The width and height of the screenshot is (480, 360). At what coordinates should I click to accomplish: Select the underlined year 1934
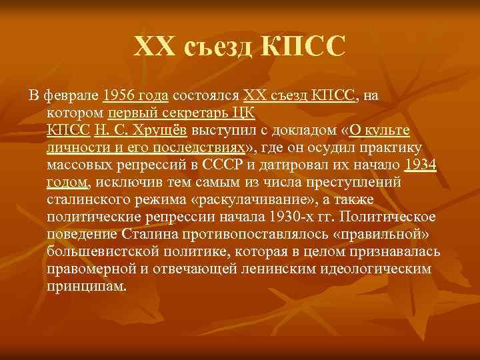click(x=421, y=165)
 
